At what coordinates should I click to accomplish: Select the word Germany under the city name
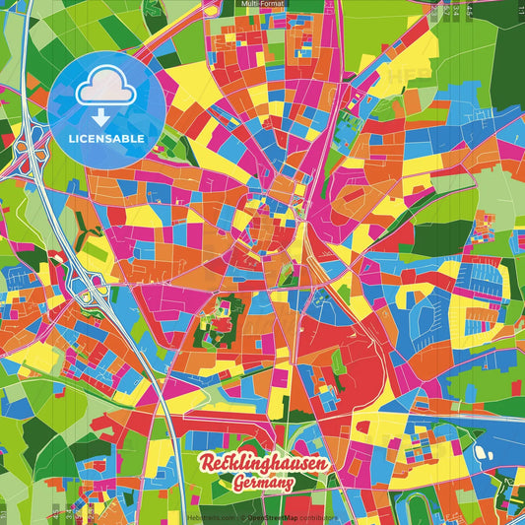pos(263,484)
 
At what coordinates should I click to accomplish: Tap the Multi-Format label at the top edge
pos(262,5)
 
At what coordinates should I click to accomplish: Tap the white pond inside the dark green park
pos(483,454)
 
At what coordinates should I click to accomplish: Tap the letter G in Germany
pos(239,484)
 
